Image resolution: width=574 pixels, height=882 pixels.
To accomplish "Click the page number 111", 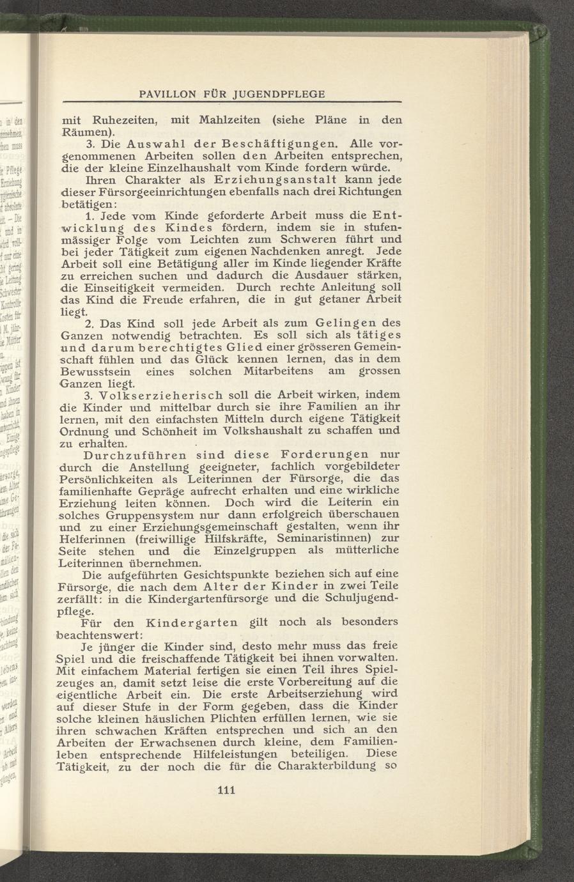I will coord(227,791).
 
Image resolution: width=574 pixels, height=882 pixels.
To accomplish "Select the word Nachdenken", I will coord(306,251).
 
